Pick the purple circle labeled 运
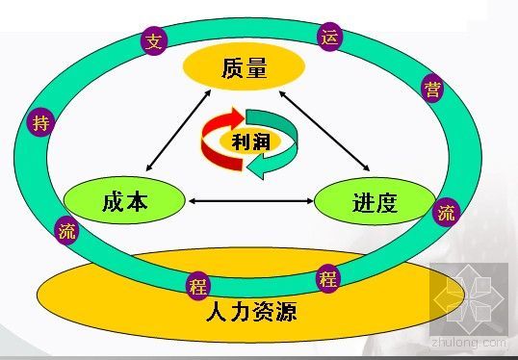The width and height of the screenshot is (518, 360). pos(330,39)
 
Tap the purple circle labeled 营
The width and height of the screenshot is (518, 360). pos(432,90)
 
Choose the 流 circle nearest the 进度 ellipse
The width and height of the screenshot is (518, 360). pos(447,213)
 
